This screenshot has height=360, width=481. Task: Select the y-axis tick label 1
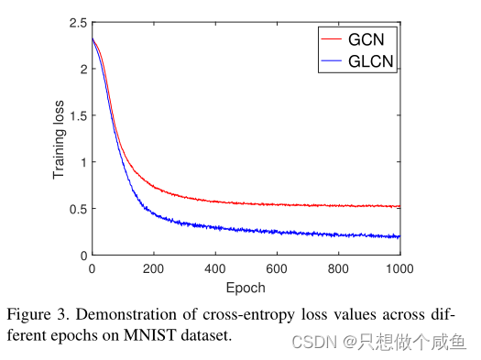pos(82,162)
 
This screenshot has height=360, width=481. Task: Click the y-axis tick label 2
pos(82,69)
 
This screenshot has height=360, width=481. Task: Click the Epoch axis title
pos(246,287)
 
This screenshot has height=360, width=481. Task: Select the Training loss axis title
pos(60,138)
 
